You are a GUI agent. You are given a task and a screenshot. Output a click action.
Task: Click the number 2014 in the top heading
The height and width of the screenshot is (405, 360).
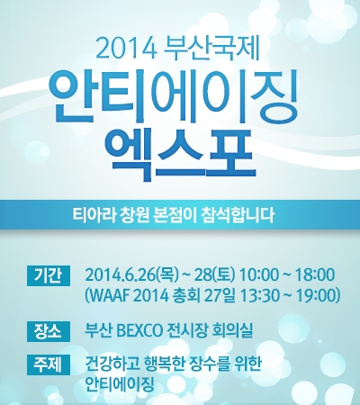127,49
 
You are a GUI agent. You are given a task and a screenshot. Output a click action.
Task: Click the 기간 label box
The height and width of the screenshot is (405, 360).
49,275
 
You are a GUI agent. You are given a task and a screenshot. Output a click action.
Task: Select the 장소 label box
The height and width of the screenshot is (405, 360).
49,331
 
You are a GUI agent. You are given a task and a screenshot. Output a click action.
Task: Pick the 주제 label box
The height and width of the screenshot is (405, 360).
49,364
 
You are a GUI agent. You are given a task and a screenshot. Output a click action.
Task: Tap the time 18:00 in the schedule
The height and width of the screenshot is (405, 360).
314,275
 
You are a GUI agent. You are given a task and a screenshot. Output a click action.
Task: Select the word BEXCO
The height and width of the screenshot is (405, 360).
139,331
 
